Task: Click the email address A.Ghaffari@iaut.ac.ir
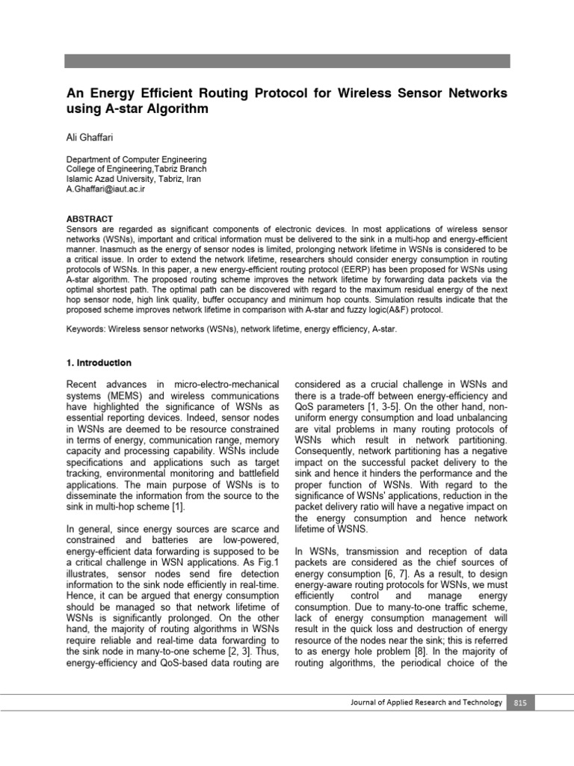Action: (106, 190)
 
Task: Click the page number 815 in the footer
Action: (520, 702)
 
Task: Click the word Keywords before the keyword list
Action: (86, 328)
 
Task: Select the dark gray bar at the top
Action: (286, 61)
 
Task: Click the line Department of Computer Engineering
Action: (137, 159)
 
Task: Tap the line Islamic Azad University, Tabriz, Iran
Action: (134, 180)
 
